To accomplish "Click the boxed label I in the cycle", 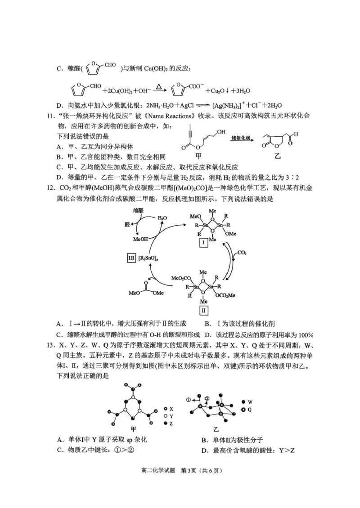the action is coord(203,243).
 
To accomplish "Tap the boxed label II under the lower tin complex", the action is coord(203,310).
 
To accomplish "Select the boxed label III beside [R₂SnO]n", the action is coord(131,257).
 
